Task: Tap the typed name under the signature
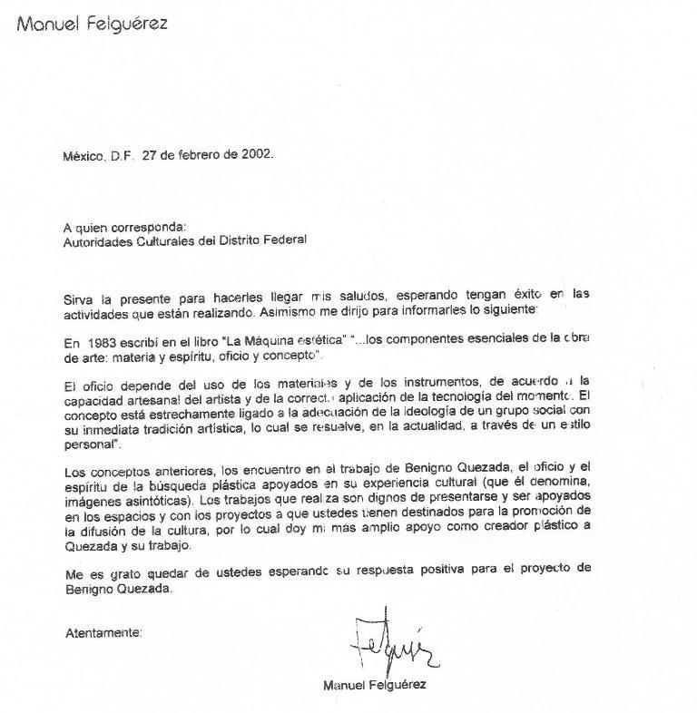click(374, 686)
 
